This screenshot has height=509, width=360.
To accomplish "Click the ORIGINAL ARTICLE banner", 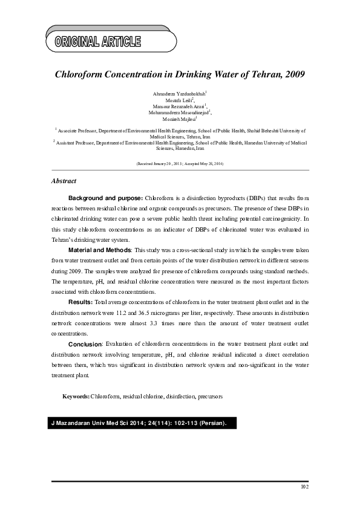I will pos(98,42).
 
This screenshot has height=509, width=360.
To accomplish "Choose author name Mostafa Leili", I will pos(179,100).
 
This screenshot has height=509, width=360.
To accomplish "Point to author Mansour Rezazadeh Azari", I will pos(180,106).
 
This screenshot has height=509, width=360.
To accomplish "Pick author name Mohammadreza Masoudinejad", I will pos(180,112).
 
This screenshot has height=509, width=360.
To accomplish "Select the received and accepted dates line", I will pos(180,164).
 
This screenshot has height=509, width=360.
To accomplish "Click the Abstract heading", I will pos(64,181).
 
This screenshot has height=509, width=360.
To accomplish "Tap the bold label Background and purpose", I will pos(105,198).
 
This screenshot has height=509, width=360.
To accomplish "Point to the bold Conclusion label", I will pos(85,343).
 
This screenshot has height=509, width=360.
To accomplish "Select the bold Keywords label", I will pos(76,397).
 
